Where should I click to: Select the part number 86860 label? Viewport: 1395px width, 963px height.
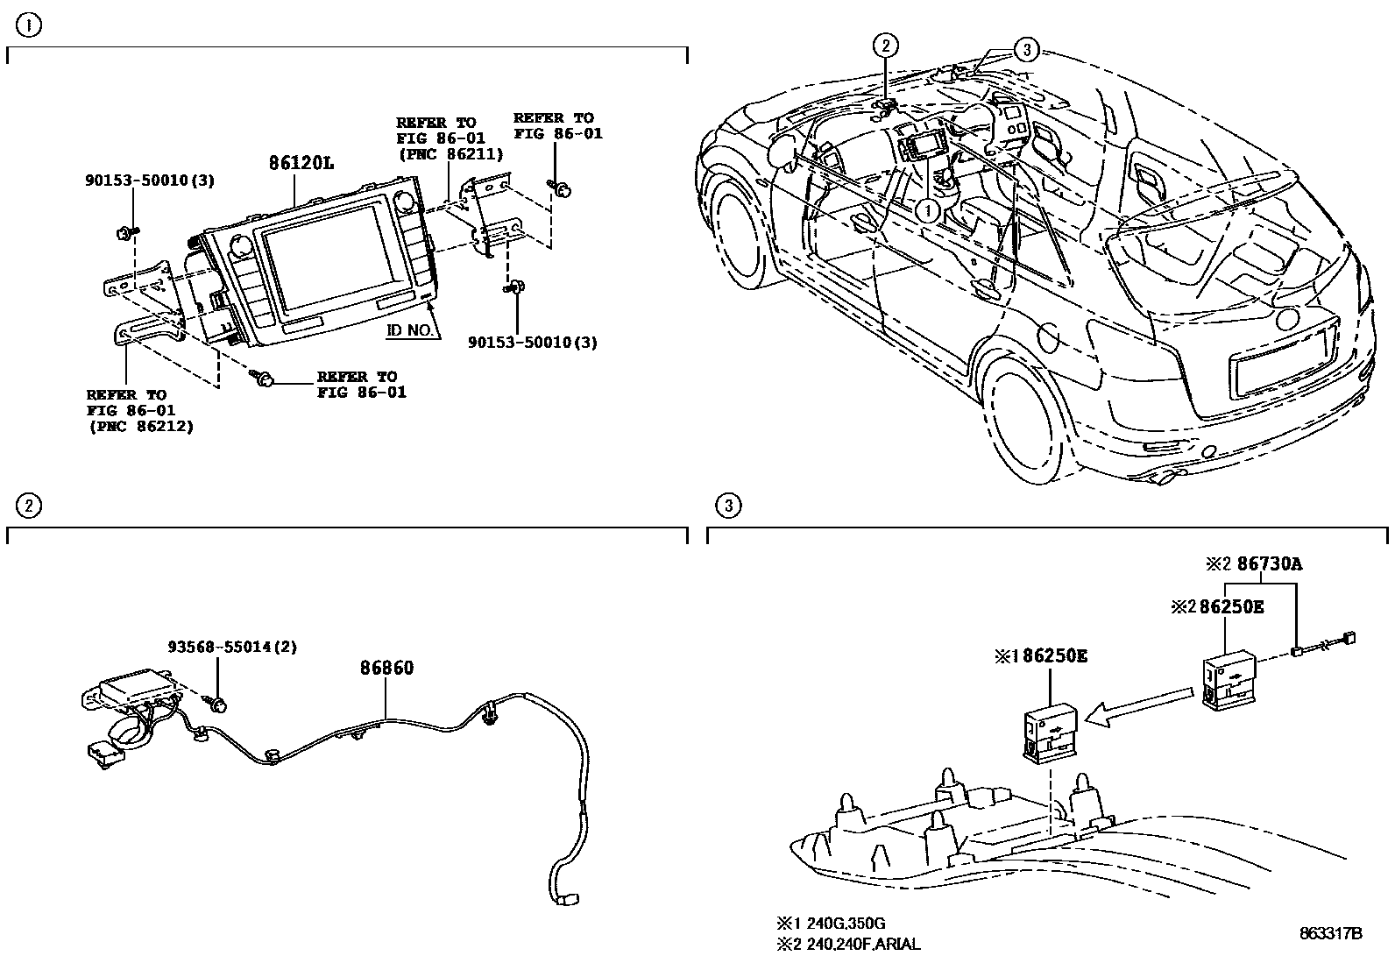pyautogui.click(x=386, y=668)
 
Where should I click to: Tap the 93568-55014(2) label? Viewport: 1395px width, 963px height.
pyautogui.click(x=232, y=648)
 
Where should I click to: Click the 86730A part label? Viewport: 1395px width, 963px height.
pyautogui.click(x=1269, y=564)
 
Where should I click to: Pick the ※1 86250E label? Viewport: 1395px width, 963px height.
pyautogui.click(x=1041, y=655)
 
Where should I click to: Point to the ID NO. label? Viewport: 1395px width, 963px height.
pyautogui.click(x=409, y=331)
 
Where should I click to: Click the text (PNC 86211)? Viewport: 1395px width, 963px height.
pyautogui.click(x=450, y=154)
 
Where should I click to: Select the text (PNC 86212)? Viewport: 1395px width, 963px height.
pyautogui.click(x=141, y=426)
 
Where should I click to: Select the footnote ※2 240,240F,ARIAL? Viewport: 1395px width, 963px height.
pyautogui.click(x=848, y=944)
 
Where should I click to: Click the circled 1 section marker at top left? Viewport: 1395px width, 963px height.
pyautogui.click(x=29, y=26)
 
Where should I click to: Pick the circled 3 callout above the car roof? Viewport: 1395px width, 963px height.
pyautogui.click(x=1027, y=50)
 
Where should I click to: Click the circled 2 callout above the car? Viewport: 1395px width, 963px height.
pyautogui.click(x=886, y=46)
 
